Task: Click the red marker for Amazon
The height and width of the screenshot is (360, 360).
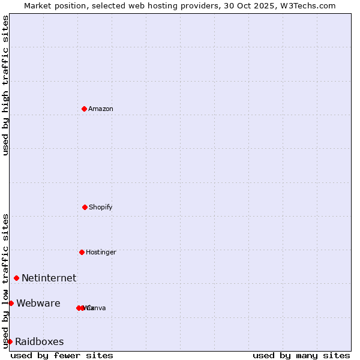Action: [84, 109]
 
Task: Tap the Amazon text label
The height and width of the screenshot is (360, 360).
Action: [101, 109]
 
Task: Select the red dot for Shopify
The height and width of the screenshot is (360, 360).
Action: [85, 207]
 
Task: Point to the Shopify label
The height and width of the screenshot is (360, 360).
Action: [101, 208]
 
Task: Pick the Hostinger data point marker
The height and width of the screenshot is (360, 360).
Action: [82, 252]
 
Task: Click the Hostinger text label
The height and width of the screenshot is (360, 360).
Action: [101, 253]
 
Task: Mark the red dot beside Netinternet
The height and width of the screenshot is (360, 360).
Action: [16, 278]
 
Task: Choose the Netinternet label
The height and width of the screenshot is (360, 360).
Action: [49, 278]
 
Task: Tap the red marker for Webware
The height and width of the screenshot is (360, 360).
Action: [11, 303]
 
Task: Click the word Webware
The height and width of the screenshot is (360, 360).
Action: [38, 304]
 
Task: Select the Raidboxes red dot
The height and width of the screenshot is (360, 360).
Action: [10, 341]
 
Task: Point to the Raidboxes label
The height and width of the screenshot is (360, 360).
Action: [39, 342]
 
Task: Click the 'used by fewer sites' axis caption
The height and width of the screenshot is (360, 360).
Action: [62, 355]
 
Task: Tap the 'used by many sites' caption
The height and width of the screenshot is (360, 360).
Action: [301, 355]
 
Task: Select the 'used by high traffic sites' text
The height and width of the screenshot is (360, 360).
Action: [5, 85]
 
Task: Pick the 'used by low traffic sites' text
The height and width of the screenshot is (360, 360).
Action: [5, 280]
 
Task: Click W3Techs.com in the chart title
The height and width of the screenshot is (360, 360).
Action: [307, 5]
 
